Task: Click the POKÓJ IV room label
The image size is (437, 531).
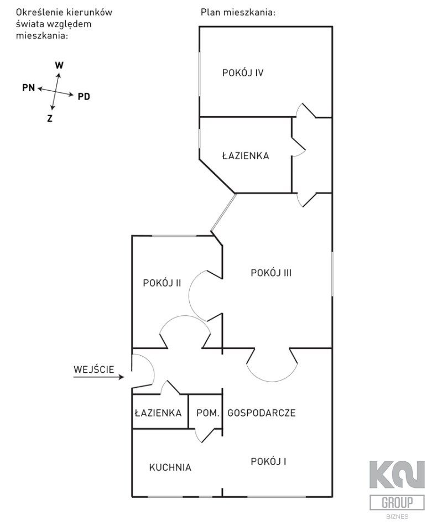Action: pyautogui.click(x=242, y=72)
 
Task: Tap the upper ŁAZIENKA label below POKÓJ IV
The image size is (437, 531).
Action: pyautogui.click(x=245, y=156)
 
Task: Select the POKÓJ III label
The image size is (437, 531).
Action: pyautogui.click(x=271, y=273)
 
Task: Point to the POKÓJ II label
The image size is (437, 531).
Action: pyautogui.click(x=162, y=283)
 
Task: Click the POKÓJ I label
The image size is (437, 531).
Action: pyautogui.click(x=268, y=461)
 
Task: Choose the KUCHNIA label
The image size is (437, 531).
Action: pyautogui.click(x=170, y=467)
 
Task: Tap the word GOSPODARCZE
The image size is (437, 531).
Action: pyautogui.click(x=261, y=413)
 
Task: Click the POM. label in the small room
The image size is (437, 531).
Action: pyautogui.click(x=209, y=413)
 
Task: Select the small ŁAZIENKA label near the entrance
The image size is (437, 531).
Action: pyautogui.click(x=158, y=413)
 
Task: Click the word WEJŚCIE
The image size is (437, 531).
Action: pyautogui.click(x=94, y=368)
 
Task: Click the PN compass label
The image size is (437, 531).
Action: pyautogui.click(x=28, y=87)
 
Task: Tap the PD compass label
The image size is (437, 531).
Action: pyautogui.click(x=84, y=97)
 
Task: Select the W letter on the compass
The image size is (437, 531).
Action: pyautogui.click(x=59, y=65)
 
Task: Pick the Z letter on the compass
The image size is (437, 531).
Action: pyautogui.click(x=50, y=118)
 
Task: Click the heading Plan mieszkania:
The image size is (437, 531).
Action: pyautogui.click(x=238, y=12)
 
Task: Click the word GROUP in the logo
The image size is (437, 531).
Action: pyautogui.click(x=397, y=503)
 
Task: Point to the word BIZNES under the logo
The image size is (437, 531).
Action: pyautogui.click(x=397, y=517)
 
